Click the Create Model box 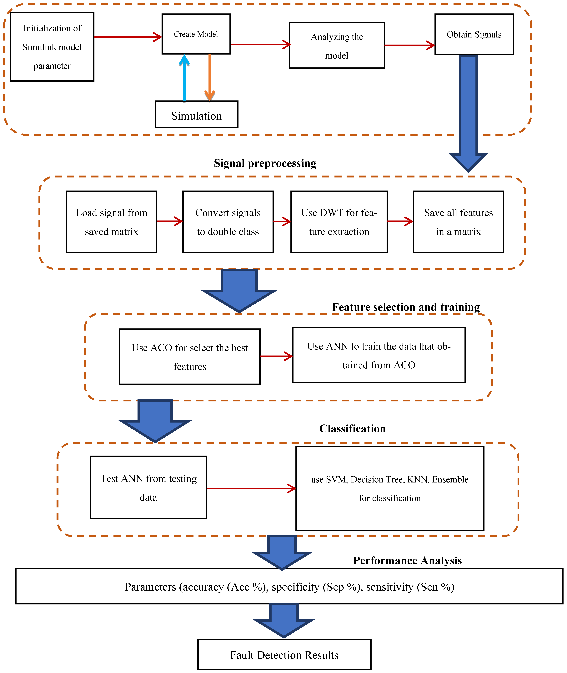[196, 34]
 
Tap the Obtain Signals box [474, 34]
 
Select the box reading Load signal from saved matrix [112, 222]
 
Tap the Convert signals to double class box [228, 222]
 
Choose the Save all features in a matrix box [458, 222]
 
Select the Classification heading [352, 429]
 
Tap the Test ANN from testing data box [148, 487]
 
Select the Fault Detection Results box [284, 655]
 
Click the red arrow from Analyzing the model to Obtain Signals [409, 45]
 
